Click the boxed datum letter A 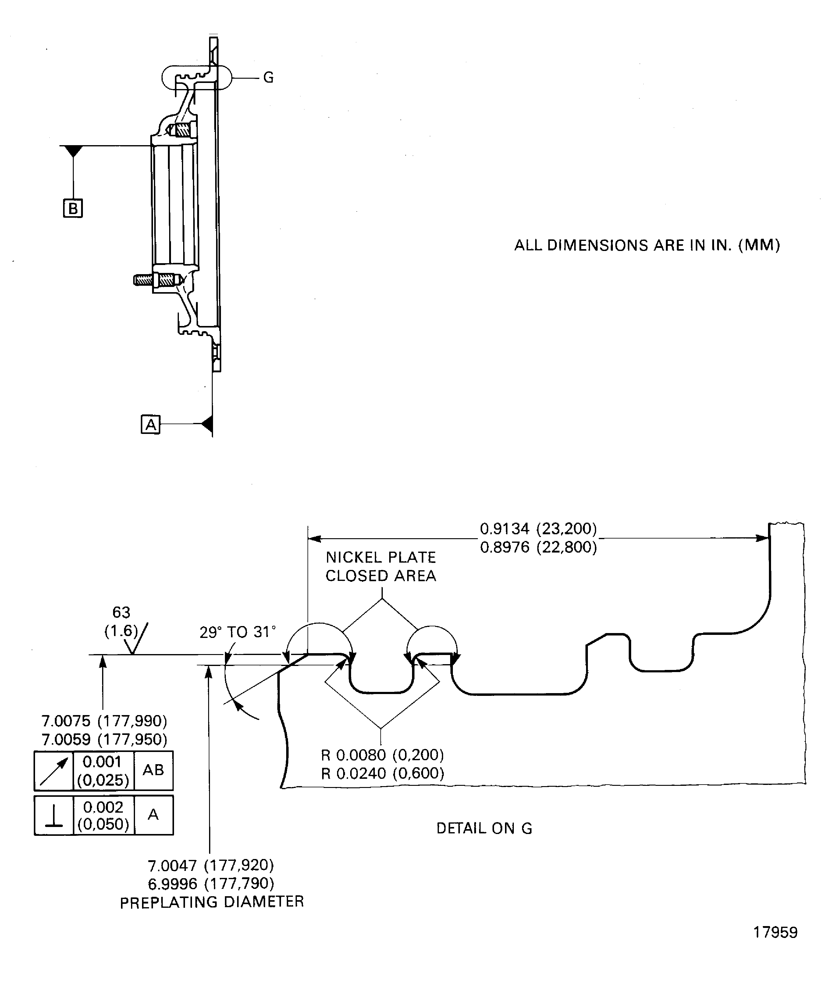pos(151,424)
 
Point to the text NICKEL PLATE pos(380,557)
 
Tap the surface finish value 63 pos(121,613)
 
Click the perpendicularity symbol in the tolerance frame pos(54,815)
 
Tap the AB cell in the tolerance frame pos(153,770)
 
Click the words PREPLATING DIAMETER pos(212,902)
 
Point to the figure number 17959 pos(775,932)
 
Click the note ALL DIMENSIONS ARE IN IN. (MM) pos(647,245)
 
